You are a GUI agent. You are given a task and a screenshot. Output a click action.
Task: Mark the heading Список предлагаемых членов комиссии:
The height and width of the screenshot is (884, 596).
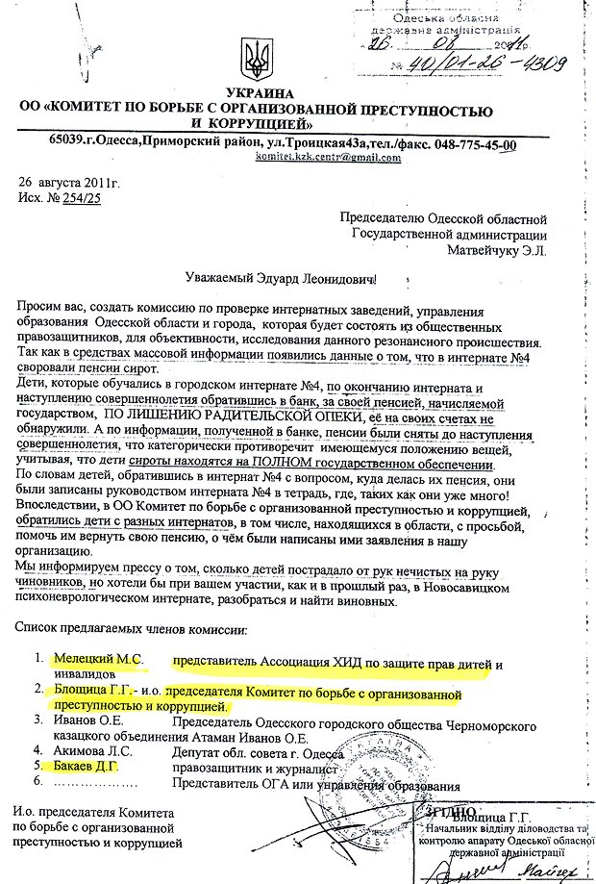[132, 629]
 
